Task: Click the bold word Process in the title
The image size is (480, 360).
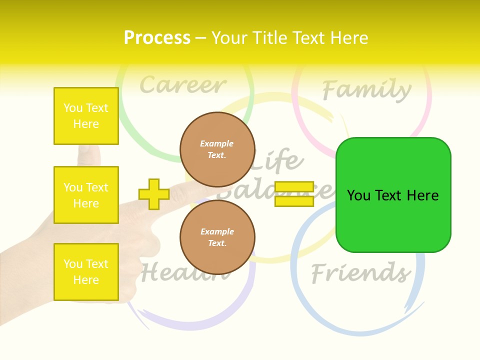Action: (157, 38)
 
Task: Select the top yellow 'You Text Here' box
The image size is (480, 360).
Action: (86, 116)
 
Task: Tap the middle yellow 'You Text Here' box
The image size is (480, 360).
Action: (86, 195)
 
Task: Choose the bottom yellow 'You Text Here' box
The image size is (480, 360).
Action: (86, 272)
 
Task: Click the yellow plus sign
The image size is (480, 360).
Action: (153, 194)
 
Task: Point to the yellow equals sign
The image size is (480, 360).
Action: (294, 194)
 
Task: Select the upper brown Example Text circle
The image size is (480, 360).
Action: (217, 149)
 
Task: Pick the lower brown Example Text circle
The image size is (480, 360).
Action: (217, 237)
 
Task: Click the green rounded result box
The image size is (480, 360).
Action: (393, 194)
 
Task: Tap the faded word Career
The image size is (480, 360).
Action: (183, 85)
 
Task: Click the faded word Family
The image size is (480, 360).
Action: (366, 90)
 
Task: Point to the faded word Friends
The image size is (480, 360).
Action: (360, 273)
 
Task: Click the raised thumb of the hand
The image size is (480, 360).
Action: (88, 155)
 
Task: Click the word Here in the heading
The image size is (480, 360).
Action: (350, 38)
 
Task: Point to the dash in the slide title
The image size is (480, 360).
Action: (200, 38)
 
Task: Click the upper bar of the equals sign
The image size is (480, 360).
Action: (294, 187)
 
